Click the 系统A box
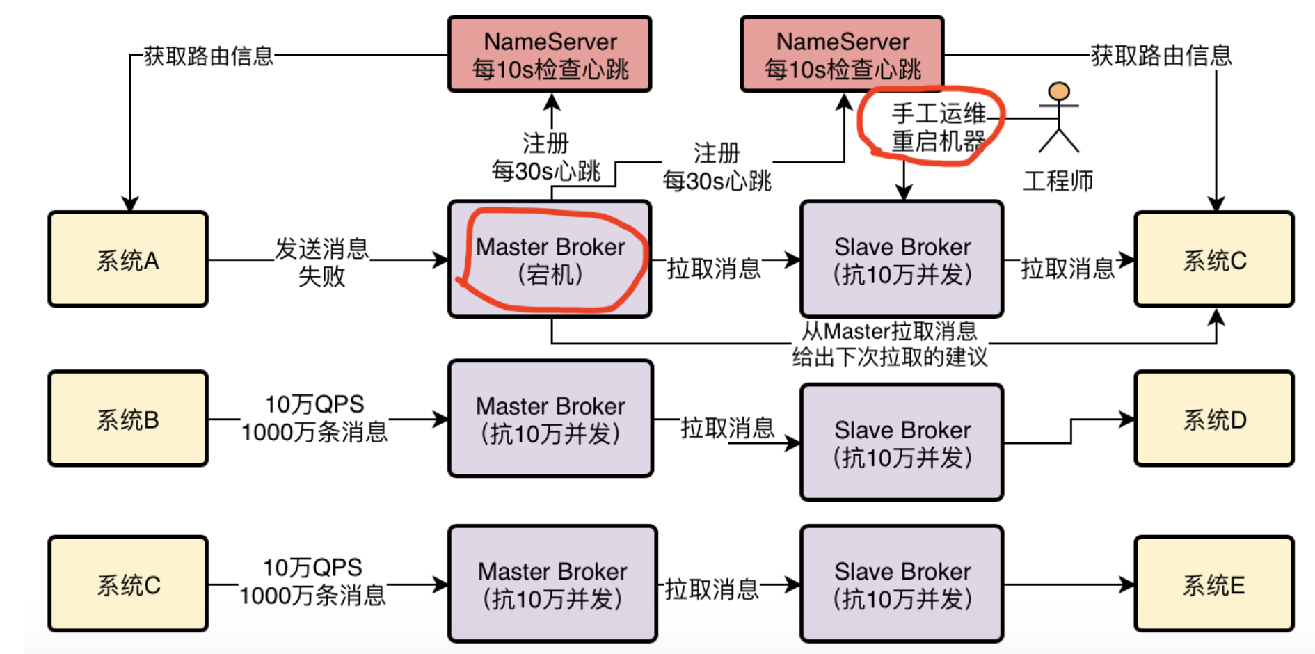click(x=128, y=260)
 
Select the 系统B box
click(x=128, y=418)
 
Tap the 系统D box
click(x=1214, y=418)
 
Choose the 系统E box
click(x=1214, y=584)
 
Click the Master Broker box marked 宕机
click(x=550, y=260)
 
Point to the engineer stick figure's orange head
click(x=1059, y=91)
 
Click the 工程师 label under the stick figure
click(x=1058, y=181)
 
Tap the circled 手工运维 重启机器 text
click(x=939, y=127)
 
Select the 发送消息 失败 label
click(x=321, y=262)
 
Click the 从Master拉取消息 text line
click(x=889, y=330)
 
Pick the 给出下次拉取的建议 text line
click(x=890, y=357)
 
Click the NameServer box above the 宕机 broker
click(x=550, y=54)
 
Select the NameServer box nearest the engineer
click(x=842, y=54)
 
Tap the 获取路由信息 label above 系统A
click(x=208, y=56)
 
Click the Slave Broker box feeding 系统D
click(x=902, y=442)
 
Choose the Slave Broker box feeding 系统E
click(x=902, y=584)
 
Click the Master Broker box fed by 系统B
click(x=550, y=418)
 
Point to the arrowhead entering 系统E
click(x=1127, y=584)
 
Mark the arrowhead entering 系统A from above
click(x=129, y=204)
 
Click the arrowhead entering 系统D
click(x=1127, y=419)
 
